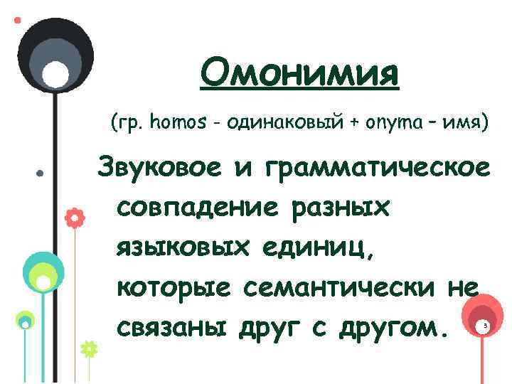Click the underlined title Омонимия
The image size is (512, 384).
click(299, 74)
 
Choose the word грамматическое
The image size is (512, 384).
click(376, 169)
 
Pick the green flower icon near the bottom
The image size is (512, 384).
click(89, 349)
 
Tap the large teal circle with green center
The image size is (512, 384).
click(43, 274)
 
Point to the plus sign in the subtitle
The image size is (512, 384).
click(353, 124)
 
